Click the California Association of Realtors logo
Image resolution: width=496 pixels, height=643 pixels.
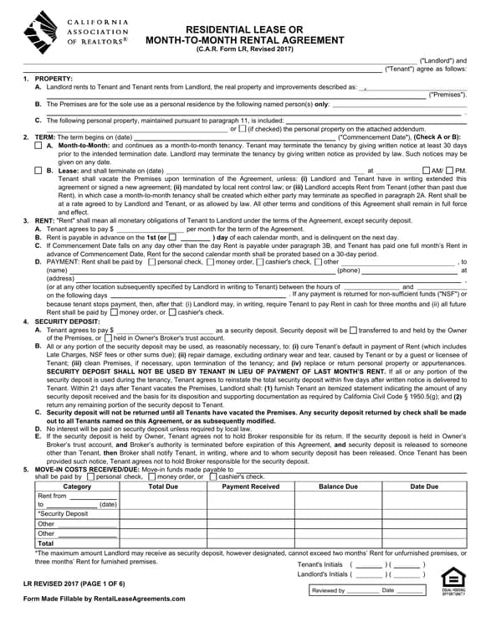click(75, 33)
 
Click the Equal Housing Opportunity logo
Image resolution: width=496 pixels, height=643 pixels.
click(452, 580)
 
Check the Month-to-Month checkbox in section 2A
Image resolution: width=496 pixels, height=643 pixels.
click(38, 145)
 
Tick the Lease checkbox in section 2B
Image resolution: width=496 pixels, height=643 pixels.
click(38, 171)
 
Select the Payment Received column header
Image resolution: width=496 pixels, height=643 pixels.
click(250, 486)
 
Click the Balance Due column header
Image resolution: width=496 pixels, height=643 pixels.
click(338, 486)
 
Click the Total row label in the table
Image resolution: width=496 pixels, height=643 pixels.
click(46, 543)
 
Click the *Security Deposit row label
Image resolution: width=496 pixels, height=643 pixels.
click(63, 514)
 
